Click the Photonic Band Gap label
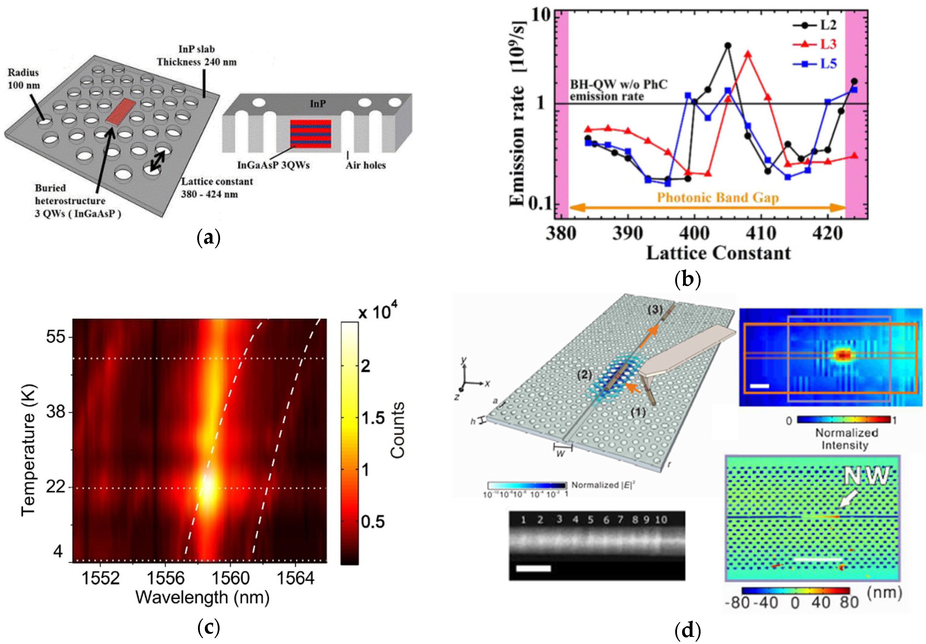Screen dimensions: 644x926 tap(718, 198)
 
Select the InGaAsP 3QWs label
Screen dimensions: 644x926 tap(273, 165)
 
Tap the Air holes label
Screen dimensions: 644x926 tap(365, 165)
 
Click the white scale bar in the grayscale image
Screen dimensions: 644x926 tap(533, 568)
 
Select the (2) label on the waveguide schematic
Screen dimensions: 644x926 tap(584, 375)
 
